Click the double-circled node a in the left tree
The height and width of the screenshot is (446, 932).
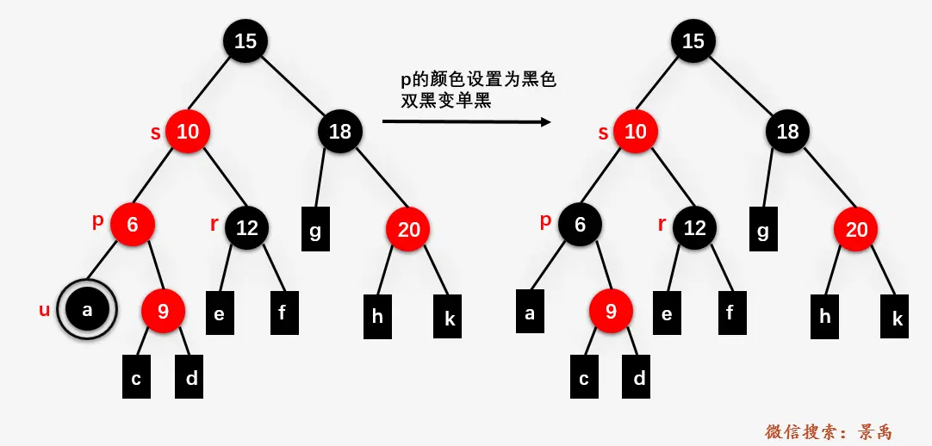click(x=87, y=310)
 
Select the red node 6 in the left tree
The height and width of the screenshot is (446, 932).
click(x=133, y=225)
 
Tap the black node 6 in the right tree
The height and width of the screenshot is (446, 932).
click(x=580, y=225)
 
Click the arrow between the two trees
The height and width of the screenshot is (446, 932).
click(x=466, y=122)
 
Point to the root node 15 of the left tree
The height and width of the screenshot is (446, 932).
click(x=245, y=40)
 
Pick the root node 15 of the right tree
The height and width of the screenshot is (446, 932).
click(x=693, y=40)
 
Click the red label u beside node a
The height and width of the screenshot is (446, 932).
click(x=45, y=310)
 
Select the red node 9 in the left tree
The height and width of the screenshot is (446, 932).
click(x=163, y=310)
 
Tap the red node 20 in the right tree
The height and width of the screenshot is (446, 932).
click(x=856, y=229)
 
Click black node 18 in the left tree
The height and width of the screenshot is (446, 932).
click(x=340, y=132)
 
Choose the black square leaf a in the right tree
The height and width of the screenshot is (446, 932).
click(x=530, y=313)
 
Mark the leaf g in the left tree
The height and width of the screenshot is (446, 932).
click(x=315, y=229)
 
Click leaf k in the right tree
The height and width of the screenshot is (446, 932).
click(x=897, y=318)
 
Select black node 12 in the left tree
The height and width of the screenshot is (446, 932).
click(x=247, y=228)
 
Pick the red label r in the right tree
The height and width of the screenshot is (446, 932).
click(x=662, y=225)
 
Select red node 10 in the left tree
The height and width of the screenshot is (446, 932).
click(x=188, y=132)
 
